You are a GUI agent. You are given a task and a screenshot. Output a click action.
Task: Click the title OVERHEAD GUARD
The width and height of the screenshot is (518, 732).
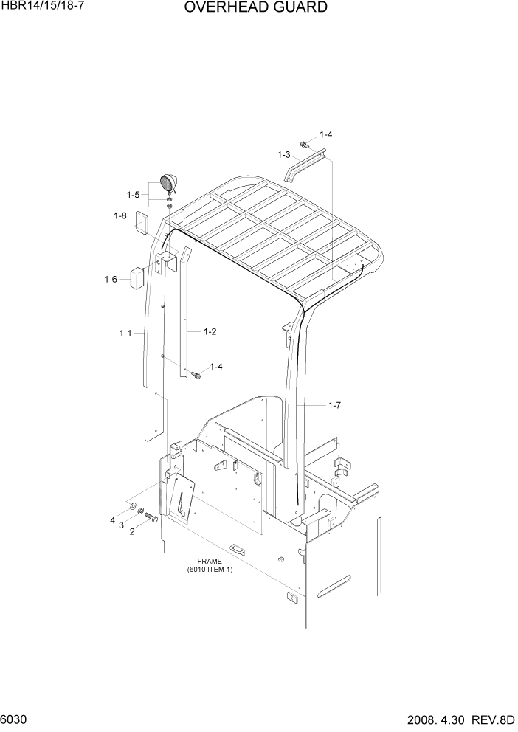point(255,8)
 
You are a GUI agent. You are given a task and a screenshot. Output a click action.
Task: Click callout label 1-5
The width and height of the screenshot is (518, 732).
point(133,195)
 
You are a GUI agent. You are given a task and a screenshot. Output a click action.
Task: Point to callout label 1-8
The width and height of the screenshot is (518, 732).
point(120,215)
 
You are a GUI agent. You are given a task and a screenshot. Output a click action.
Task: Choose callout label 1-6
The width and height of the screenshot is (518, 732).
point(111,279)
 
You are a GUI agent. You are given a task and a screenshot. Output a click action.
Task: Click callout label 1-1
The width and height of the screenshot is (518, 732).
point(125,334)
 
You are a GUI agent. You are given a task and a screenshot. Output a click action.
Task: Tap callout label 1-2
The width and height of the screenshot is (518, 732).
point(210,331)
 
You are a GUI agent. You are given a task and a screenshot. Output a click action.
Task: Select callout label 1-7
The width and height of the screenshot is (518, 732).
point(334,405)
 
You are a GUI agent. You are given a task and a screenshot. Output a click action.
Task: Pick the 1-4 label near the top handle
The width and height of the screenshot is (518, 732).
point(325,134)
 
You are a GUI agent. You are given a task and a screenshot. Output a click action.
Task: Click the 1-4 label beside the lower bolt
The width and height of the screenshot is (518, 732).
point(217,367)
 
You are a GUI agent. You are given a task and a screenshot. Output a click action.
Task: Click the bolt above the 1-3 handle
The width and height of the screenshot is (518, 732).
point(303,144)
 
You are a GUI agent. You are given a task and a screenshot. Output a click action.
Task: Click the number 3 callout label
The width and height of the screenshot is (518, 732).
point(120,525)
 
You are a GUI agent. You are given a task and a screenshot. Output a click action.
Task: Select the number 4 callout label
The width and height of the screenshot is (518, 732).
point(113,520)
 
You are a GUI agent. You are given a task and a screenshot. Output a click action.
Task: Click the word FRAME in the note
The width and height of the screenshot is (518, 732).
point(209,562)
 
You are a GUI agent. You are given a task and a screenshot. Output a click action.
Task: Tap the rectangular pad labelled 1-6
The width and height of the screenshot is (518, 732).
point(136,277)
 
